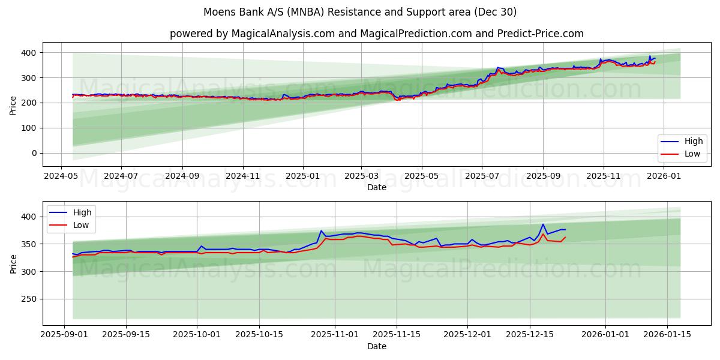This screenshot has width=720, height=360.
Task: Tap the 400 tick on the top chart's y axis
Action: tap(29, 53)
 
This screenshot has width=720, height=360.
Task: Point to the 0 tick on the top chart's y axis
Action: tap(34, 153)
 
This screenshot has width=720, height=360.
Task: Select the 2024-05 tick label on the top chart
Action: tap(61, 176)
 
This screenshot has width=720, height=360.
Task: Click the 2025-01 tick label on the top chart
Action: tap(302, 176)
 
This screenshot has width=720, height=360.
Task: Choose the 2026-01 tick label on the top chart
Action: tap(664, 176)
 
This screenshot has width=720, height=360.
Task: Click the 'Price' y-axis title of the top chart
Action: tap(13, 106)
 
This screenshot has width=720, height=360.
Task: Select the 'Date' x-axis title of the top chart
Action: tap(376, 187)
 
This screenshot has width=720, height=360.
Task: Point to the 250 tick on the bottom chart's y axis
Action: tap(29, 299)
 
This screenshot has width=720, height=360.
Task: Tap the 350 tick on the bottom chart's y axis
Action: tap(29, 244)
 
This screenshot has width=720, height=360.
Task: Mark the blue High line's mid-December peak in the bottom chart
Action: tap(543, 224)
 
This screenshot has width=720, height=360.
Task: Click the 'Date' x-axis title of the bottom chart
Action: tap(376, 346)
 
